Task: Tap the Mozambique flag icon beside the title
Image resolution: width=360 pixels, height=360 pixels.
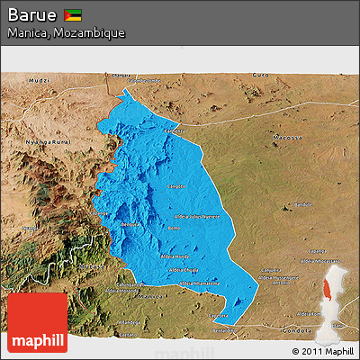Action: point(74,15)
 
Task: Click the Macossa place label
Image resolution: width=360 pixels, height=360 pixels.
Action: point(284,137)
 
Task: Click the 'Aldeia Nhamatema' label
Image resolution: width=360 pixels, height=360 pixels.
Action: point(198,283)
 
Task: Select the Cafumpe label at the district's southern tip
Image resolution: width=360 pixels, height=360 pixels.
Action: point(219,316)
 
